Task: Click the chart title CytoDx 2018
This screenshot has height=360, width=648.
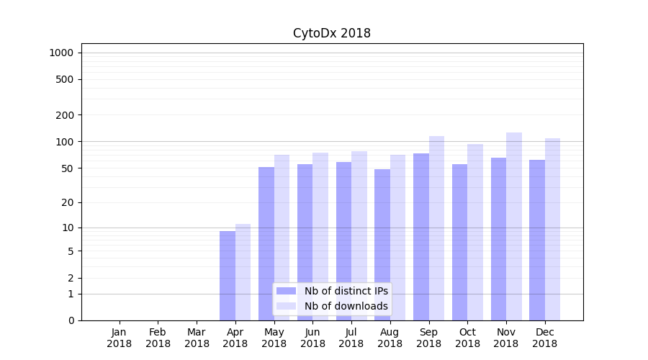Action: [331, 33]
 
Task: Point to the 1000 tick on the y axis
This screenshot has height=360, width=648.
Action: [61, 53]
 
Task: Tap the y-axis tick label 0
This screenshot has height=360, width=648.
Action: [71, 320]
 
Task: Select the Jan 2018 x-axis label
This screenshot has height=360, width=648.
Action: [120, 338]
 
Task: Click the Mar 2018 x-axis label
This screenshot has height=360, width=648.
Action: [197, 338]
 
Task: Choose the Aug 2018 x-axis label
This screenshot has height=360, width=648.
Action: [390, 338]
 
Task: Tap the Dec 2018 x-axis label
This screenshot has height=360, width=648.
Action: [545, 338]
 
